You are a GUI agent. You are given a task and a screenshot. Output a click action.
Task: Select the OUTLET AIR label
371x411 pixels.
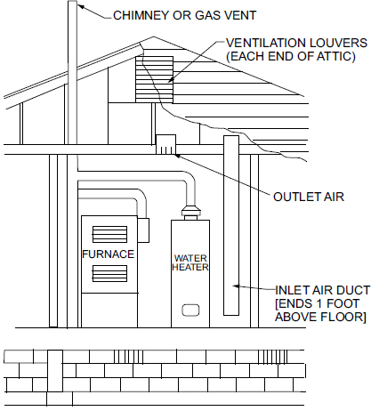tap(309, 197)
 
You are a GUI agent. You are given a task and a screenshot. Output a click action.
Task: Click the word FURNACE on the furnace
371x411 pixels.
tap(108, 254)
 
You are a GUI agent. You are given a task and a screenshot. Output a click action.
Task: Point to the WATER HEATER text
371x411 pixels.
tap(190, 262)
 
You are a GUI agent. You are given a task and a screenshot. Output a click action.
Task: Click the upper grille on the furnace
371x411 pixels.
tap(109, 234)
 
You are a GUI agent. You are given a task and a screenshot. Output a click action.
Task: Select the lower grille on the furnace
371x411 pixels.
tap(109, 273)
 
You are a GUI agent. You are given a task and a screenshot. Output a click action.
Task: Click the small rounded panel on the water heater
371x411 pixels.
tap(190, 310)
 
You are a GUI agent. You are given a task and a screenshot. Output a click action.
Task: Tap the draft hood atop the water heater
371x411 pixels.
tap(190, 213)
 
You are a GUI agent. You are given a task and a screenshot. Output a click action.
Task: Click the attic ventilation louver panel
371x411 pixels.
tap(154, 79)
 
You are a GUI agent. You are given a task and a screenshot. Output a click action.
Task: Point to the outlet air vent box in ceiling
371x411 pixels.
tap(165, 145)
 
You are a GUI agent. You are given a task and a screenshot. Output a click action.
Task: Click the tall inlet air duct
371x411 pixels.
tap(231, 225)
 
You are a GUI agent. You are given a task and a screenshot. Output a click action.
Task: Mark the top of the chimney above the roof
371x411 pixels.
tap(73, 2)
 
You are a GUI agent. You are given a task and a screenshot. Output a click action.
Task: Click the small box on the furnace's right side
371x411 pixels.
tap(143, 230)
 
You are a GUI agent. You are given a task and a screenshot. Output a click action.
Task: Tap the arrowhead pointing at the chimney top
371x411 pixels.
tap(80, 6)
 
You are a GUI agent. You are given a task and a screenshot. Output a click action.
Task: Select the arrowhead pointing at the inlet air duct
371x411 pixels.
tap(236, 286)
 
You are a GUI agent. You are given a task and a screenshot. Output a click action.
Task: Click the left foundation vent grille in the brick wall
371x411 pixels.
tap(128, 357)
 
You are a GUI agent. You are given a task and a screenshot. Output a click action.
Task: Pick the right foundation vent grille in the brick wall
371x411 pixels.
tap(272, 357)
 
